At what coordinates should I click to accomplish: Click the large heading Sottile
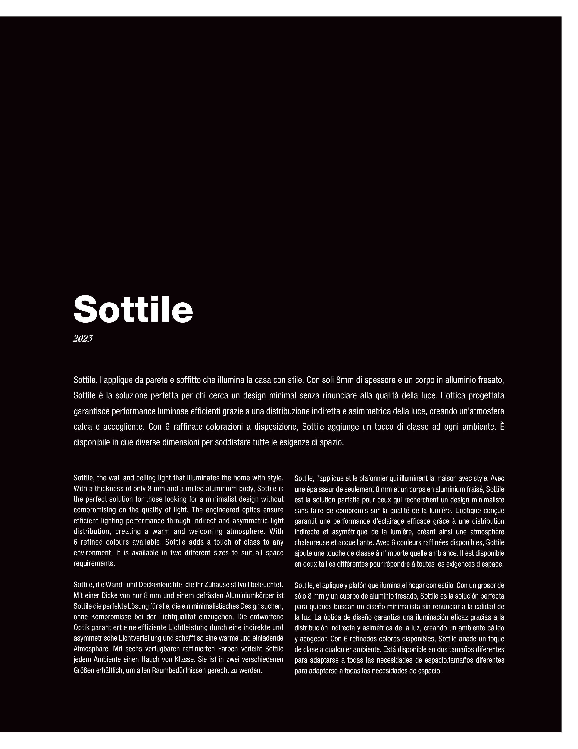(133, 309)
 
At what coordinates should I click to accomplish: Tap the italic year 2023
(83, 339)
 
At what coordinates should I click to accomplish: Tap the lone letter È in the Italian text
(502, 427)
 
